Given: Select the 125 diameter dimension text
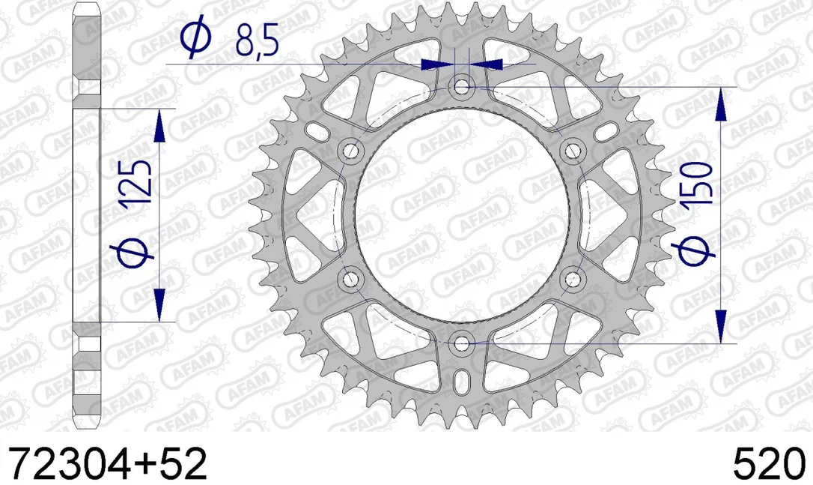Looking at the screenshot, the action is pos(135,181).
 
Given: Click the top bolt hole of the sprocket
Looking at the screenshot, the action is pos(461,85).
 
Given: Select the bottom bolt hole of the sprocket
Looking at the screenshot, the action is pos(461,344).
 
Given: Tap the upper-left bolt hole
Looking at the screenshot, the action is pos(350,151).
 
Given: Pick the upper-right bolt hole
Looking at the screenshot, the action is pos(573,151).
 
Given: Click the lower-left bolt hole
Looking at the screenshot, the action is pos(350,280).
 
